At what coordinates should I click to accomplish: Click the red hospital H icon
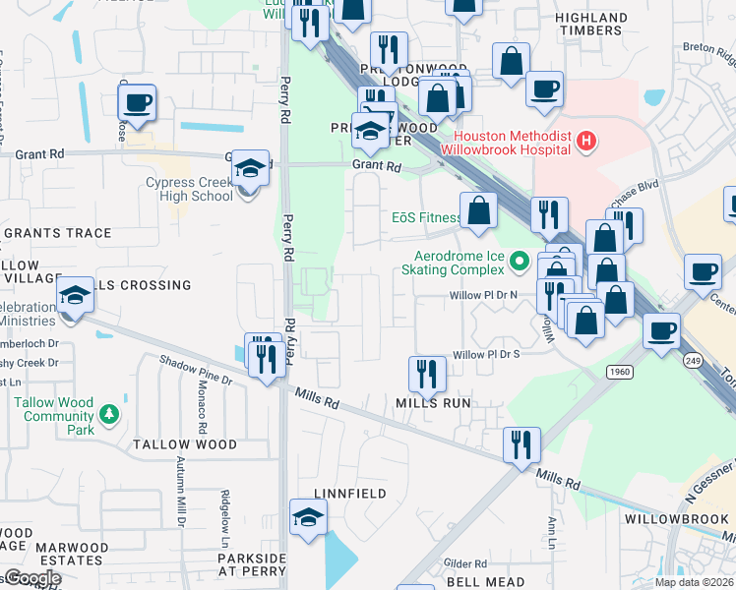pyautogui.click(x=586, y=142)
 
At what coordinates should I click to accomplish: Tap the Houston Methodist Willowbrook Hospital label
pyautogui.click(x=512, y=143)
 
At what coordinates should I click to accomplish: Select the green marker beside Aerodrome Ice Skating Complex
pyautogui.click(x=520, y=263)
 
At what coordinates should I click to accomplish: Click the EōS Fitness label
pyautogui.click(x=426, y=217)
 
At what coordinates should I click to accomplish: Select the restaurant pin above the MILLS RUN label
pyautogui.click(x=426, y=374)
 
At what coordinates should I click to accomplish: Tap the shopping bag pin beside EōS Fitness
pyautogui.click(x=478, y=211)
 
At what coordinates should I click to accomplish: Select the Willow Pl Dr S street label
pyautogui.click(x=484, y=355)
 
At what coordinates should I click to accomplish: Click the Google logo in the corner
pyautogui.click(x=31, y=578)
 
